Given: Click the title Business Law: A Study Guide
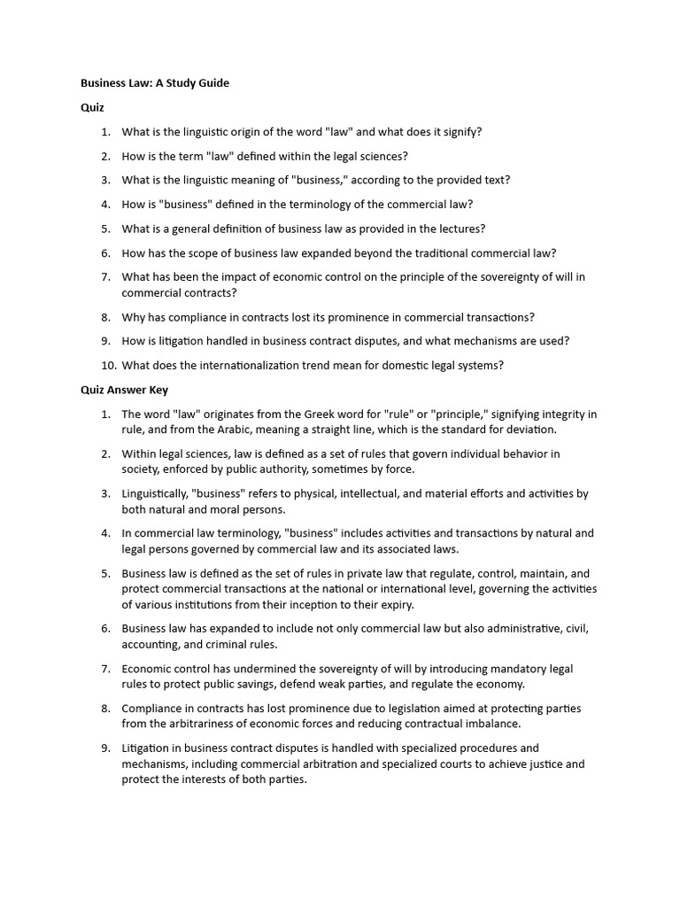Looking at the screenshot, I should click(x=155, y=83).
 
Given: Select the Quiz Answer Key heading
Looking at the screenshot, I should click(x=124, y=390).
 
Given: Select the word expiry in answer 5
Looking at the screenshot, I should click(x=390, y=604).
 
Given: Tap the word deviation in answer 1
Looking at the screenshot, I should click(x=529, y=430).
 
